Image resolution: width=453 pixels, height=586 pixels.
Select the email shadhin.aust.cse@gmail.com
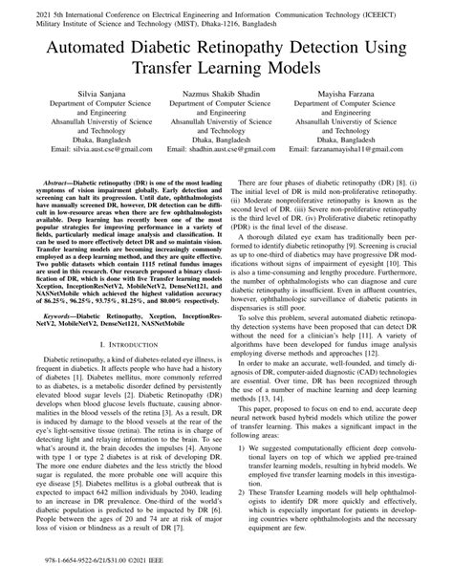(x=226, y=177)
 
